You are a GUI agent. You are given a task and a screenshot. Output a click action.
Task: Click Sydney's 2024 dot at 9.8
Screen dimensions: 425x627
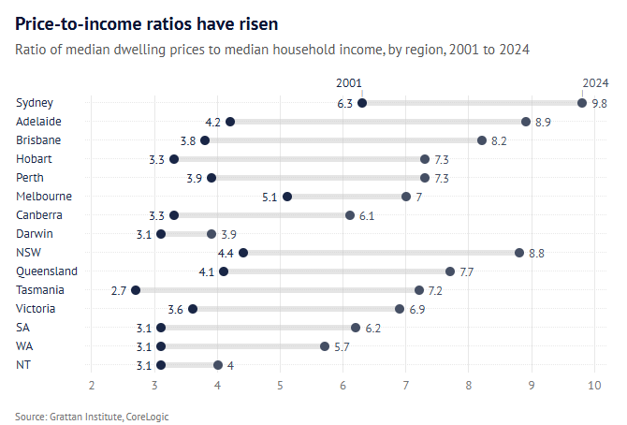(582, 103)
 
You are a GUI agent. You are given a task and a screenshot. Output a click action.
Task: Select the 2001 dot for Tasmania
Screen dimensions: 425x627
(136, 290)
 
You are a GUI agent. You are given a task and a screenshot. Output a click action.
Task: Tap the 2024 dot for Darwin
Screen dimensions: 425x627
(211, 234)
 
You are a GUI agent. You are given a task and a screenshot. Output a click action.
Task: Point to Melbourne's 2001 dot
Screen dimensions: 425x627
(287, 197)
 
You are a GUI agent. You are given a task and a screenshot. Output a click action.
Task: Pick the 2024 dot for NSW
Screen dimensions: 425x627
(519, 253)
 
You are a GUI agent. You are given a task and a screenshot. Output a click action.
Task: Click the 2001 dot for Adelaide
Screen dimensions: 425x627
(230, 122)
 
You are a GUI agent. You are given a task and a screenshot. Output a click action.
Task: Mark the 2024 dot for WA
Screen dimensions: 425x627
(325, 346)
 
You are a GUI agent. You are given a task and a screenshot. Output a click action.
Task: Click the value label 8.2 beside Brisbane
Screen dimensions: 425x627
(499, 140)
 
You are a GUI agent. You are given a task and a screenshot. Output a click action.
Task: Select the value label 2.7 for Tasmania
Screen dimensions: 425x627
(118, 290)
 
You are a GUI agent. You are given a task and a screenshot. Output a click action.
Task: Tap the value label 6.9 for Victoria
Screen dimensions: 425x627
(417, 309)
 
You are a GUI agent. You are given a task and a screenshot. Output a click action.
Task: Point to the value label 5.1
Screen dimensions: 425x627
(270, 197)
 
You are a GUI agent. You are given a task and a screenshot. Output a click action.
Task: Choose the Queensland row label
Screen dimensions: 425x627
(47, 271)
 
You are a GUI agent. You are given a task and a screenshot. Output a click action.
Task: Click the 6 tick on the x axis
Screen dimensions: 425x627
(343, 386)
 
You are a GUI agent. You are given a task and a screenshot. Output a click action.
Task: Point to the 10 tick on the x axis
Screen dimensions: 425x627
(594, 386)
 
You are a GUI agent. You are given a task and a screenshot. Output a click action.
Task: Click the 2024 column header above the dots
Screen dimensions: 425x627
(595, 83)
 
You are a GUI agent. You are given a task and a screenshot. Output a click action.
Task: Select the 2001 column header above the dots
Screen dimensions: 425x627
(349, 83)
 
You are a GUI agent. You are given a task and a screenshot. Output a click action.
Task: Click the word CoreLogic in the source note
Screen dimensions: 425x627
(148, 416)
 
